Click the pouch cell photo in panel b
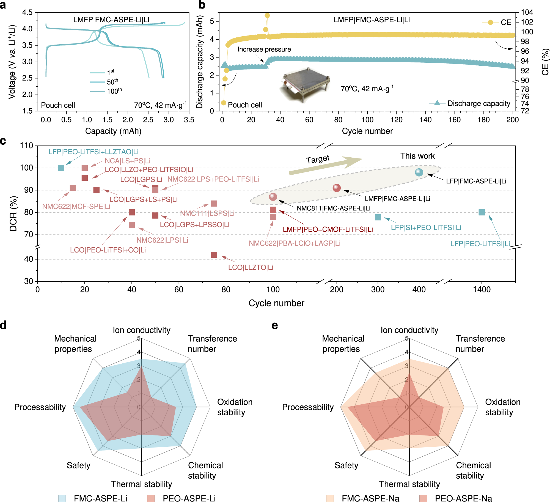tap(305, 85)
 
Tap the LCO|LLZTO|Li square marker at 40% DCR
tap(214, 255)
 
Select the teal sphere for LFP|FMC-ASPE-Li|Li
tap(419, 172)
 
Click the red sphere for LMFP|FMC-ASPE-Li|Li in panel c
tap(337, 188)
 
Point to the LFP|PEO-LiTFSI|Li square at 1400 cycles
tap(482, 212)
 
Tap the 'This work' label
tap(417, 156)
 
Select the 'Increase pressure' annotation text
tap(264, 49)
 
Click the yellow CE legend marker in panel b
tap(490, 22)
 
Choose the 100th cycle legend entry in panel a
tap(97, 91)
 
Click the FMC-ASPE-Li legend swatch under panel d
tap(62, 498)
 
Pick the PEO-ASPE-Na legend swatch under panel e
tap(423, 498)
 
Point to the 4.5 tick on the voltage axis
tap(27, 12)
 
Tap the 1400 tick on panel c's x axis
tap(482, 289)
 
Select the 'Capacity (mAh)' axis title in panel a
tap(113, 131)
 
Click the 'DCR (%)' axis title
tap(13, 213)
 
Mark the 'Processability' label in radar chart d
tap(40, 407)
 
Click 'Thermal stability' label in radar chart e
tap(409, 484)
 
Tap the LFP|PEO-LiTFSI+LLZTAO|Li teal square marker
tap(61, 168)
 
